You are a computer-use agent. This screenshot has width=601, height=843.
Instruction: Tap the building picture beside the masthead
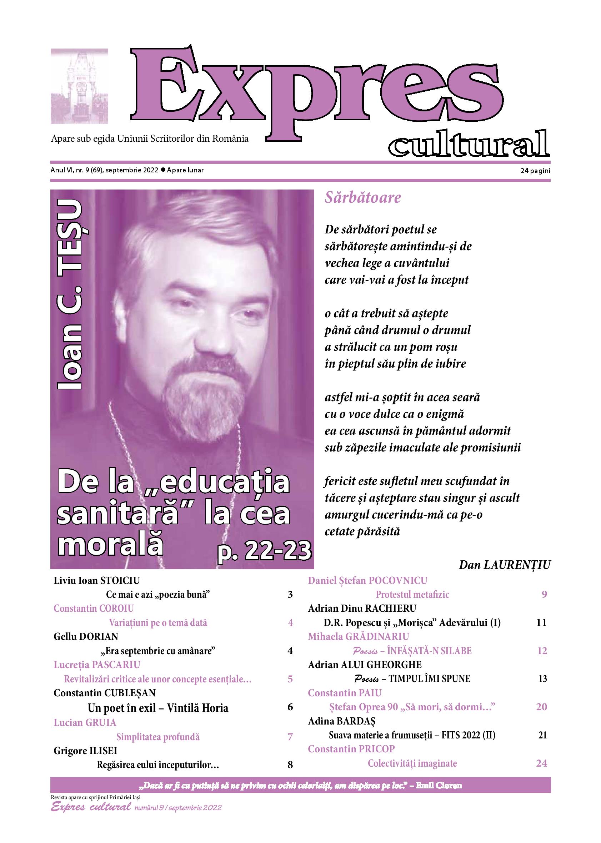pyautogui.click(x=79, y=86)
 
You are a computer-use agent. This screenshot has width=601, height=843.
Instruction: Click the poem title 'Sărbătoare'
pyautogui.click(x=363, y=197)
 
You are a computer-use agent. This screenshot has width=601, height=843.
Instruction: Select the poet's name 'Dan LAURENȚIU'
pyautogui.click(x=505, y=565)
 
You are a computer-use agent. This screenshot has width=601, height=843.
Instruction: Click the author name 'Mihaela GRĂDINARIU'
pyautogui.click(x=358, y=637)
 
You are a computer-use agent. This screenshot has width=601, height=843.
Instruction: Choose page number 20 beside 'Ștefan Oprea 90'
pyautogui.click(x=541, y=707)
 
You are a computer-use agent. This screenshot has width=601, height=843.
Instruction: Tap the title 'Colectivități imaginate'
pyautogui.click(x=412, y=763)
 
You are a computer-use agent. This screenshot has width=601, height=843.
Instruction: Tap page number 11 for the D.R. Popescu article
pyautogui.click(x=541, y=622)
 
